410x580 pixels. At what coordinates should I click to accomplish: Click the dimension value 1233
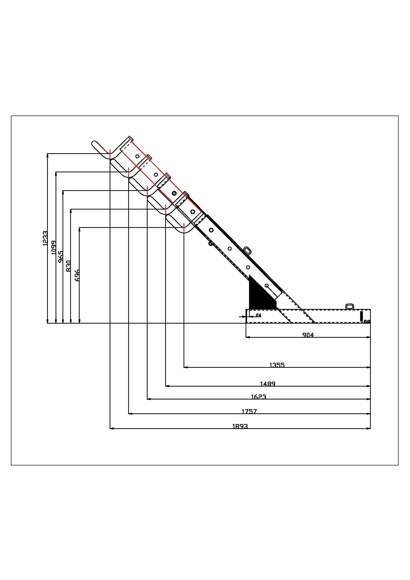(x=45, y=238)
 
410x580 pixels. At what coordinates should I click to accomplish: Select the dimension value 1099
(x=53, y=247)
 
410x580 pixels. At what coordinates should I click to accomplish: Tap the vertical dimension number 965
(x=61, y=257)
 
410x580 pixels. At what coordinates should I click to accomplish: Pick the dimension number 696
(x=77, y=275)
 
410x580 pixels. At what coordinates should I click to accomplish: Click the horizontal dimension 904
(x=308, y=335)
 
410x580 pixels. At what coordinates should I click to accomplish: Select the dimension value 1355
(x=277, y=365)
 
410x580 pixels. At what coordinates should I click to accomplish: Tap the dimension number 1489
(x=268, y=384)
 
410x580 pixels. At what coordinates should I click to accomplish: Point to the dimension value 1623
(x=259, y=397)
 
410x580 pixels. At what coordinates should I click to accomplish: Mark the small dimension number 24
(x=258, y=315)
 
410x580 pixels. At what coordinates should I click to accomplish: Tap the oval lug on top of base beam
(x=350, y=306)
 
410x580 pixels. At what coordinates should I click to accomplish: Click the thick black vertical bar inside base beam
(x=361, y=316)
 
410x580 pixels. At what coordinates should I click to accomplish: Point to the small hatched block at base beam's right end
(x=367, y=321)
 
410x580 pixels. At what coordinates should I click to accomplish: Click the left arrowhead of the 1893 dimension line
(x=112, y=428)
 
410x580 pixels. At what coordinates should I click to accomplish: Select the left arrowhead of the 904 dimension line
(x=248, y=337)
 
